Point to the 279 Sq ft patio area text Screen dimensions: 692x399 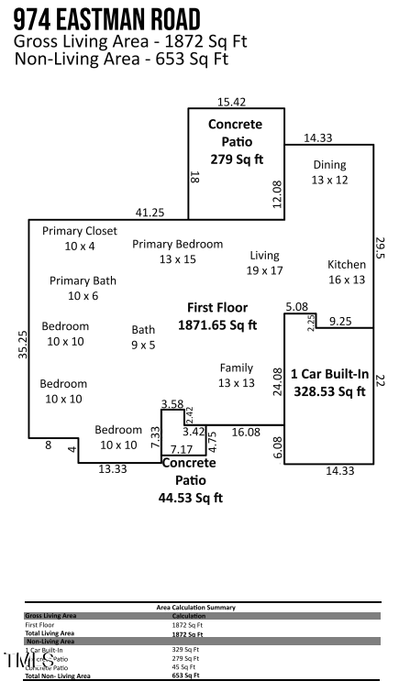click(235, 159)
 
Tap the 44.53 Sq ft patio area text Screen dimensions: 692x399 click(191, 498)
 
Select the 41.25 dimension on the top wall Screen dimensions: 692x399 click(150, 213)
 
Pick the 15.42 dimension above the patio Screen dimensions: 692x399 click(231, 102)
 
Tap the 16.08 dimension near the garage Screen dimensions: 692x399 click(246, 431)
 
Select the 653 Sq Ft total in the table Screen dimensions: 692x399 click(185, 676)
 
